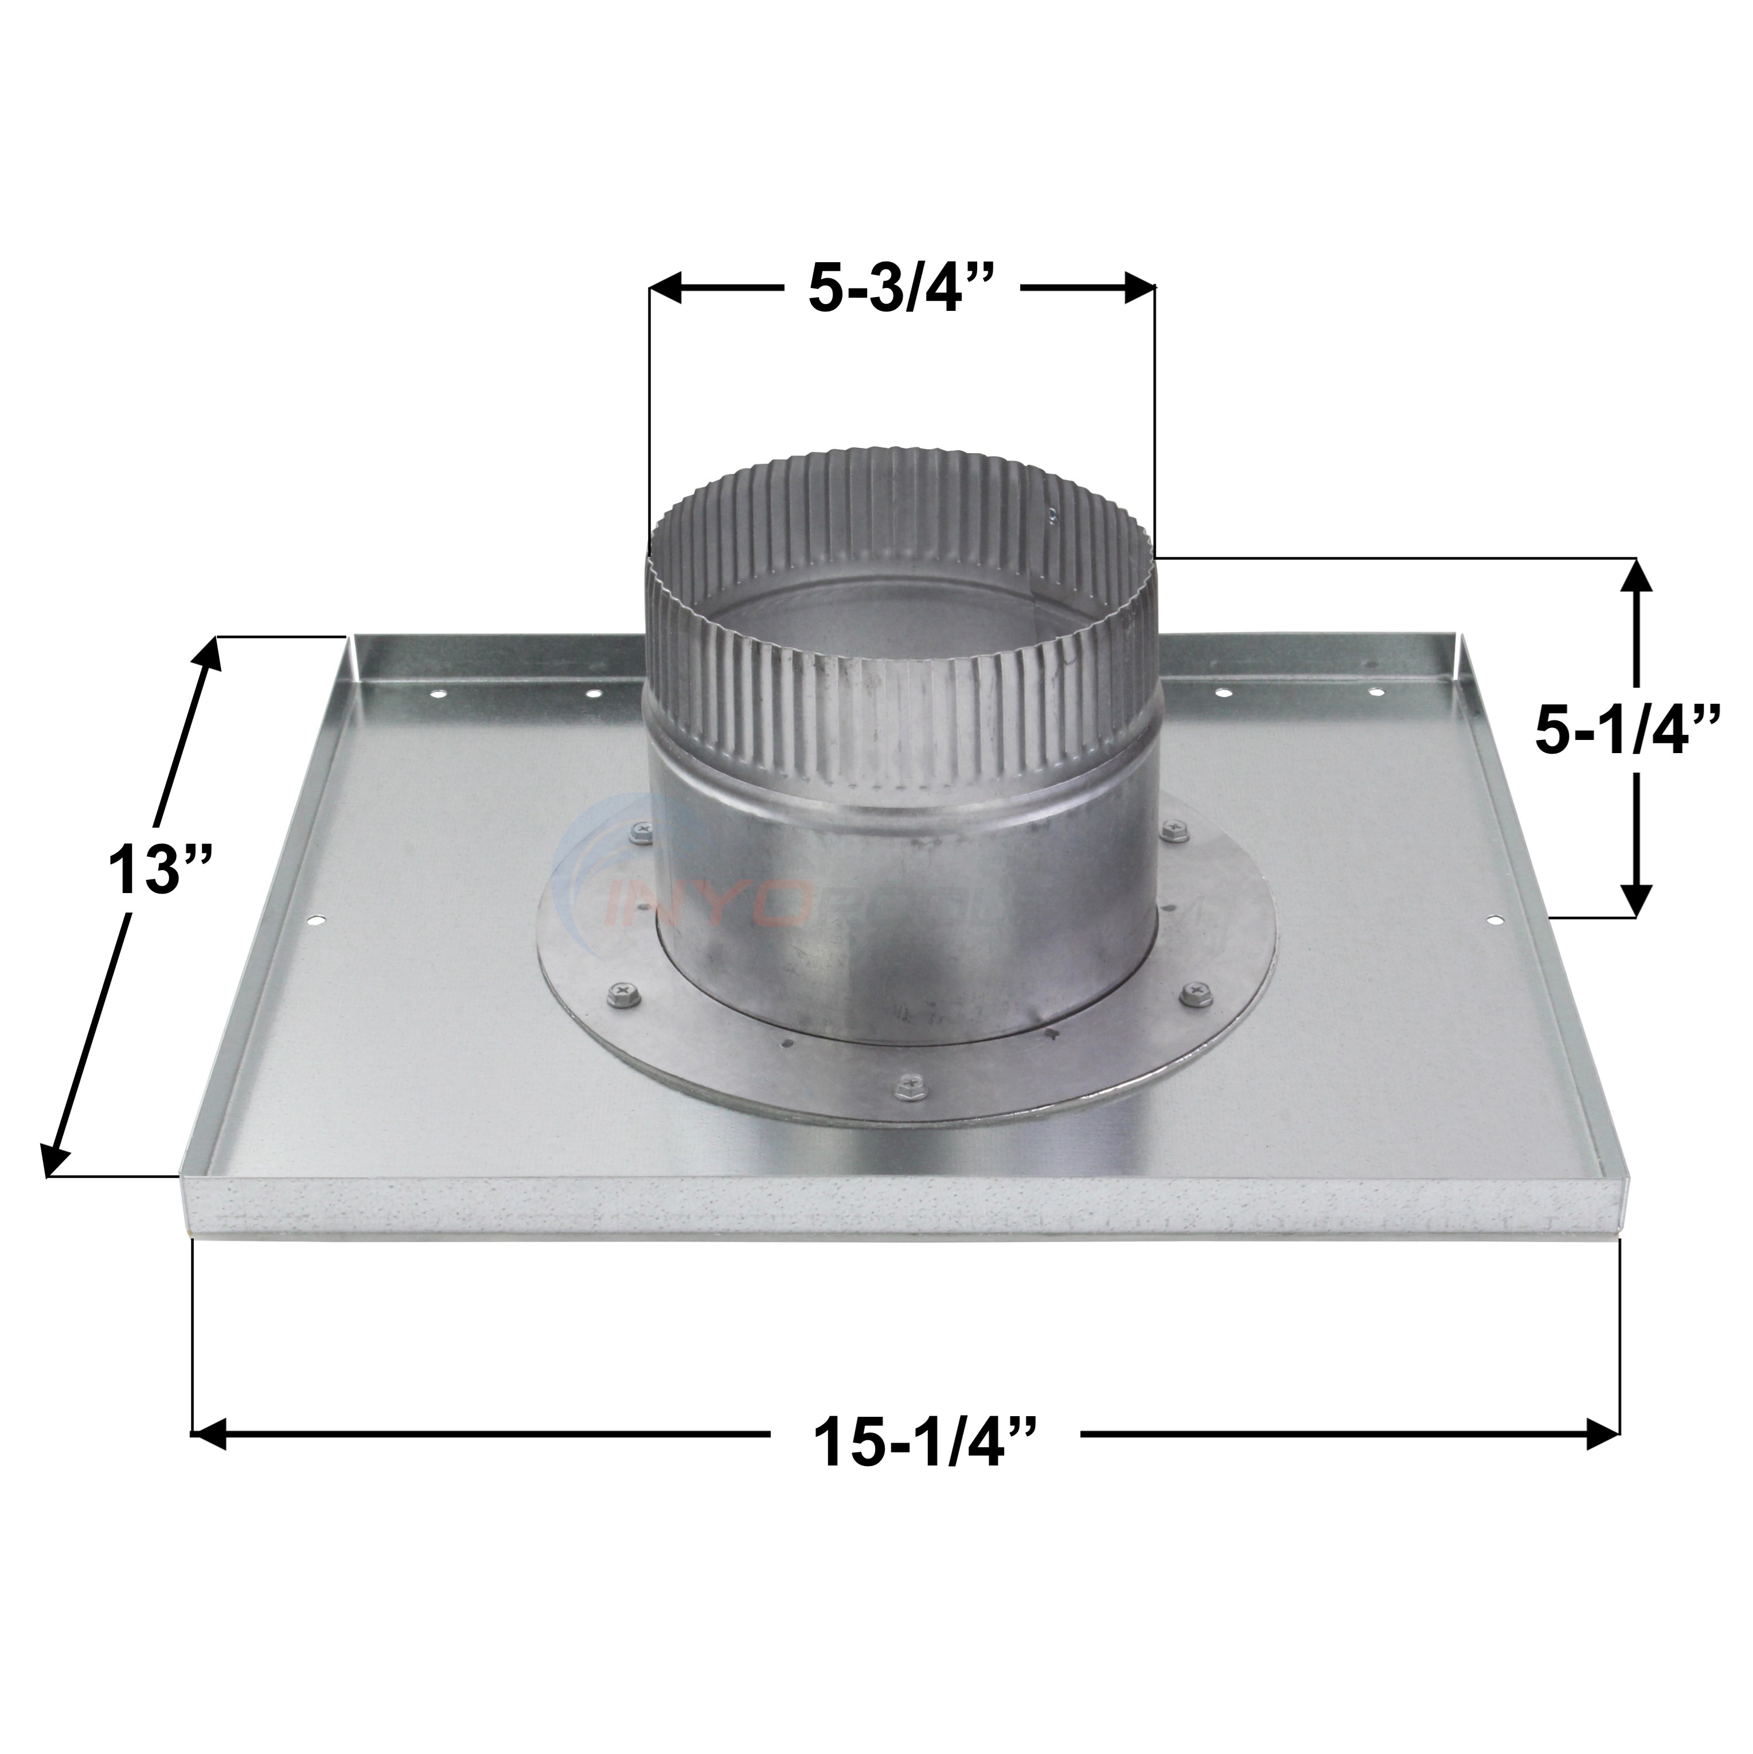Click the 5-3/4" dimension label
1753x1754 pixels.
click(x=903, y=290)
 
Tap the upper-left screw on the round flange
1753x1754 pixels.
click(x=642, y=829)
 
